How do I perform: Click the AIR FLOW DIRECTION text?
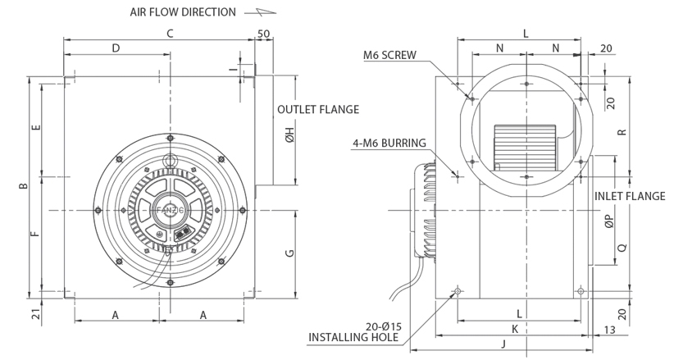(183, 12)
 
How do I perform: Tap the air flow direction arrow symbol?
(266, 12)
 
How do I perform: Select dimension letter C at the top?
(170, 34)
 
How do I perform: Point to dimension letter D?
(116, 48)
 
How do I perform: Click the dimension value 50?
(264, 34)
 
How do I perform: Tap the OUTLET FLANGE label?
(319, 109)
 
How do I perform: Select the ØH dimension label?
(289, 139)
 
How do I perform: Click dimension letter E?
(34, 129)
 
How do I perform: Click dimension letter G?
(289, 253)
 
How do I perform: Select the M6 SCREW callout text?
(391, 56)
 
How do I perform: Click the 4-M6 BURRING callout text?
(389, 143)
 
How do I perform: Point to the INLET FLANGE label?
(630, 196)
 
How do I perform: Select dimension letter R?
(622, 131)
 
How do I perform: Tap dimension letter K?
(513, 328)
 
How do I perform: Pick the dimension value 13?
(608, 329)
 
